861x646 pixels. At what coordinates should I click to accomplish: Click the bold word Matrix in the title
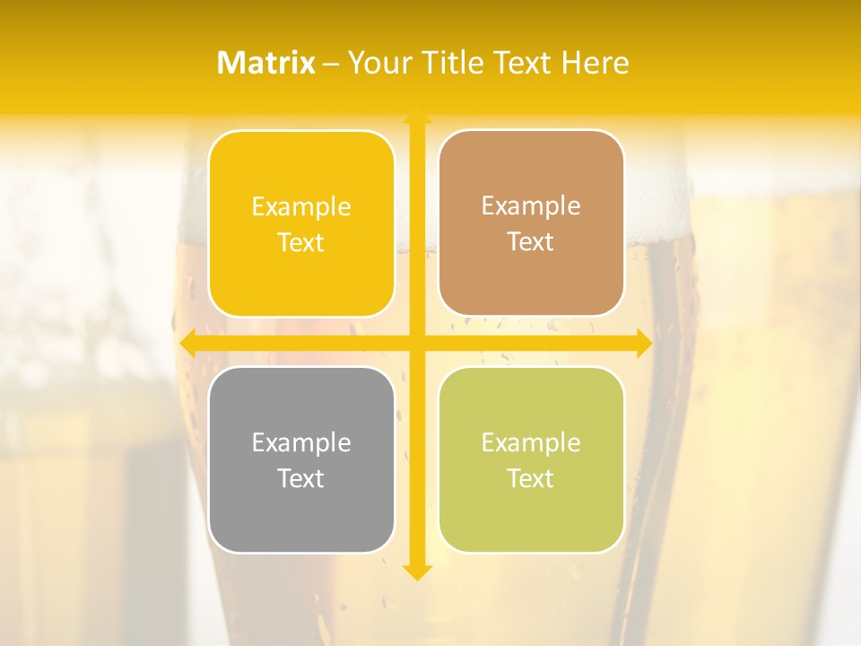pos(266,63)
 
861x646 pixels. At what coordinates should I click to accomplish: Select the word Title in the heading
pos(457,63)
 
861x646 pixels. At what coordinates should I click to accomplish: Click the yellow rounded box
pos(301,223)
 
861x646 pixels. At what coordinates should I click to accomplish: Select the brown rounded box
pos(531,223)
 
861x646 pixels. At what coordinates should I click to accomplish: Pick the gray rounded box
pos(301,459)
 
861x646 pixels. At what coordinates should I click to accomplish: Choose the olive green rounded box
pos(531,459)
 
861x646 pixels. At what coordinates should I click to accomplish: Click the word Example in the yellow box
pos(301,207)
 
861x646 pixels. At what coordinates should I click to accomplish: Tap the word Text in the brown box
pos(531,242)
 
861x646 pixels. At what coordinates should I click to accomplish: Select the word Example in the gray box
pos(301,442)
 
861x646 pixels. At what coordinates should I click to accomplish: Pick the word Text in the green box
pos(531,478)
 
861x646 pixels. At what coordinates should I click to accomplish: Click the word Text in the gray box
pos(301,478)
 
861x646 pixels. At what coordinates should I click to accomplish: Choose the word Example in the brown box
pos(531,206)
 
